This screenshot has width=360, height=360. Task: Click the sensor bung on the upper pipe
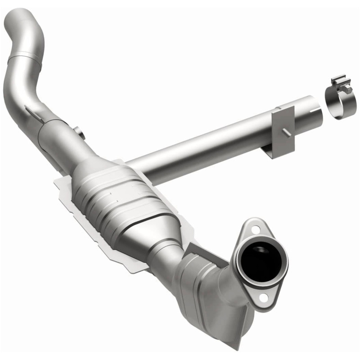80,133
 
